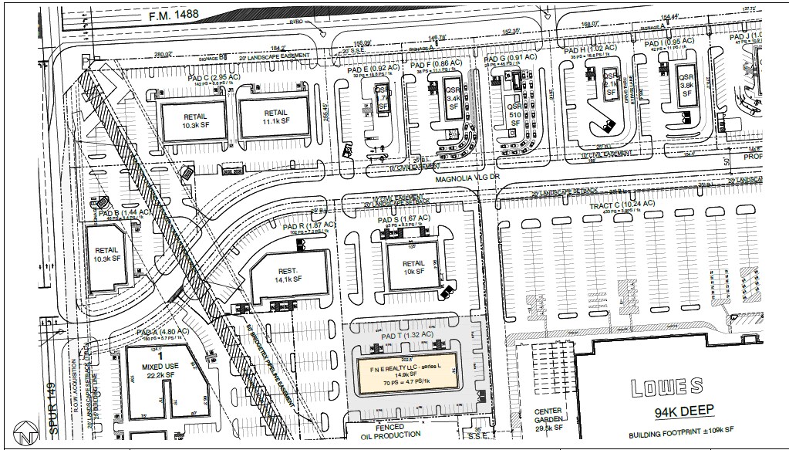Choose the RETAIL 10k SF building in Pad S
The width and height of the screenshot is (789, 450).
click(413, 267)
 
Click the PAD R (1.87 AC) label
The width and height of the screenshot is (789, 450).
click(309, 225)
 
